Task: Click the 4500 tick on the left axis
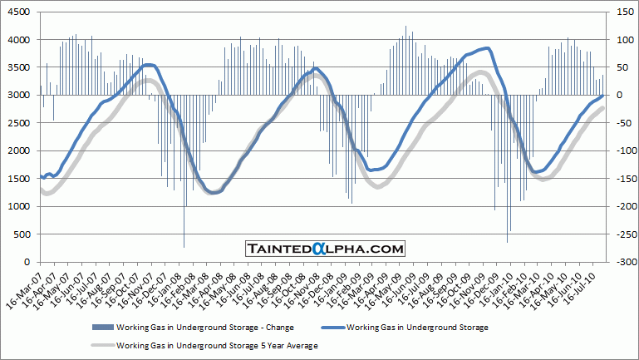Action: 20,12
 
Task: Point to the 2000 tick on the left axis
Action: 20,150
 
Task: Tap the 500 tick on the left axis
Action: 23,234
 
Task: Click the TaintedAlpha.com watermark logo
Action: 325,248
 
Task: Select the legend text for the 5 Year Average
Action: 218,343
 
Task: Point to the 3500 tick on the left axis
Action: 20,67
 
